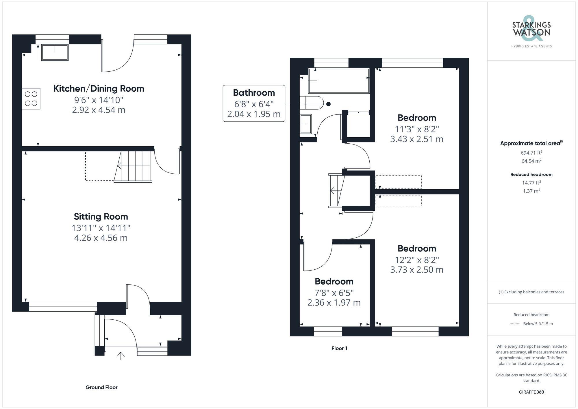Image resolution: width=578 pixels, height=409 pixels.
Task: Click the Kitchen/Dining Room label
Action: click(99, 88)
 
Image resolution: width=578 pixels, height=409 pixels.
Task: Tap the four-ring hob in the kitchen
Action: click(31, 99)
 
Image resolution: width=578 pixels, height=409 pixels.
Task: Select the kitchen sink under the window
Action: click(55, 52)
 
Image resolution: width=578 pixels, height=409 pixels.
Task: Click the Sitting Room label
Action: click(101, 216)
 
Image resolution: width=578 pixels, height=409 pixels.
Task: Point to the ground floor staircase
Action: click(133, 166)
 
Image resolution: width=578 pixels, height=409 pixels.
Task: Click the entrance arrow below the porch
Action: click(121, 356)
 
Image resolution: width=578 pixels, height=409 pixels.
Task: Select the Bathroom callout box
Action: click(254, 103)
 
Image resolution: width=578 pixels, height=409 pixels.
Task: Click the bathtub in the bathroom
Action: click(339, 81)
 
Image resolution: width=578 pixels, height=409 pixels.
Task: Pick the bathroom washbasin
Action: click(305, 124)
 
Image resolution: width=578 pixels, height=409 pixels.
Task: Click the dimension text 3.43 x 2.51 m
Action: click(416, 139)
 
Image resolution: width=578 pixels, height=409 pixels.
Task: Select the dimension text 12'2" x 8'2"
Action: click(416, 260)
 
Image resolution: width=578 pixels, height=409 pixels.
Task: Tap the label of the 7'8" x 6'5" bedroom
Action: click(334, 281)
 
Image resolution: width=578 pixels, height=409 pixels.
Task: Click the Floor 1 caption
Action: click(339, 348)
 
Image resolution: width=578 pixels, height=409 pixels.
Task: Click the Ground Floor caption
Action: click(101, 387)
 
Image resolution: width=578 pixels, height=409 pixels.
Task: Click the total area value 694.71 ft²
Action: click(531, 153)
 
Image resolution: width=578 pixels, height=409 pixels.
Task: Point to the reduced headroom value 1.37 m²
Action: click(531, 191)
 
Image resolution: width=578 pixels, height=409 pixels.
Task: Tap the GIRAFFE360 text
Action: click(531, 392)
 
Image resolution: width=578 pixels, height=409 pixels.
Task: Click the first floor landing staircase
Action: click(337, 191)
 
